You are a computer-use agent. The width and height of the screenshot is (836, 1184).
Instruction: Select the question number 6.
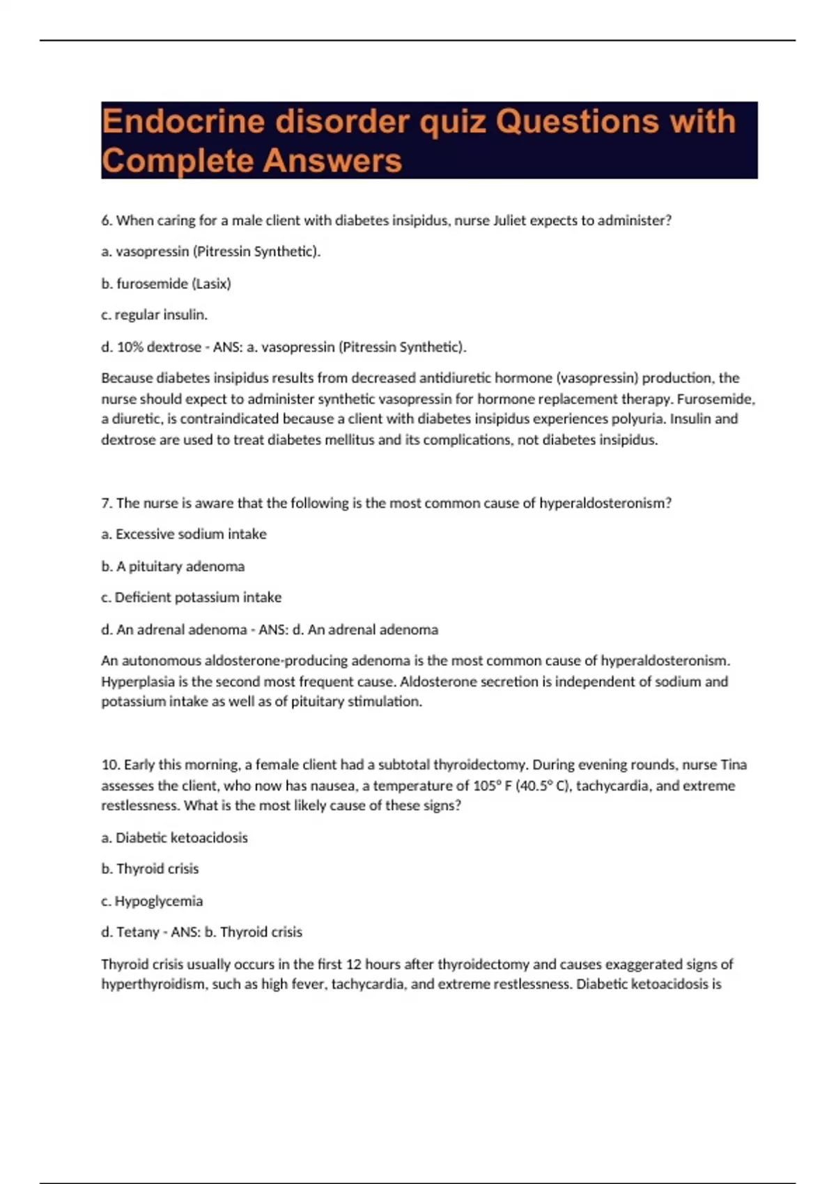107,221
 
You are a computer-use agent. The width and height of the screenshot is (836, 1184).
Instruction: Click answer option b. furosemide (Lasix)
166,283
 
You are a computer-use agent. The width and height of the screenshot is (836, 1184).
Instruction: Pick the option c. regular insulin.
154,315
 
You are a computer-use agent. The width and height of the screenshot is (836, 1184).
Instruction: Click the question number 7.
107,503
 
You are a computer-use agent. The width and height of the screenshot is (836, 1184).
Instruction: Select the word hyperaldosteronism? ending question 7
605,503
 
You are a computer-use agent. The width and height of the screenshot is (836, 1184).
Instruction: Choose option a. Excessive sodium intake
184,534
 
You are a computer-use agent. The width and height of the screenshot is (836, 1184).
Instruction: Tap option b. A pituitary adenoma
173,566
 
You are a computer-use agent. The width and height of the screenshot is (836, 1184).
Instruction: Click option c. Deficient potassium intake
191,598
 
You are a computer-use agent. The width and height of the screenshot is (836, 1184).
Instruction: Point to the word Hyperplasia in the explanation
137,681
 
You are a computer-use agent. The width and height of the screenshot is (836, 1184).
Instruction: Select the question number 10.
110,765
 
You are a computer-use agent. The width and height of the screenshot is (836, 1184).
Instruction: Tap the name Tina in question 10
733,765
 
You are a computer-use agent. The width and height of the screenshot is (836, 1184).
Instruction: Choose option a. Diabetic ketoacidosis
174,838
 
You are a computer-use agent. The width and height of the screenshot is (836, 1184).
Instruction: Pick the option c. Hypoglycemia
152,901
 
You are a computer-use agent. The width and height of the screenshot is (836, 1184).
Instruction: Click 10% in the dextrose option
130,347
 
